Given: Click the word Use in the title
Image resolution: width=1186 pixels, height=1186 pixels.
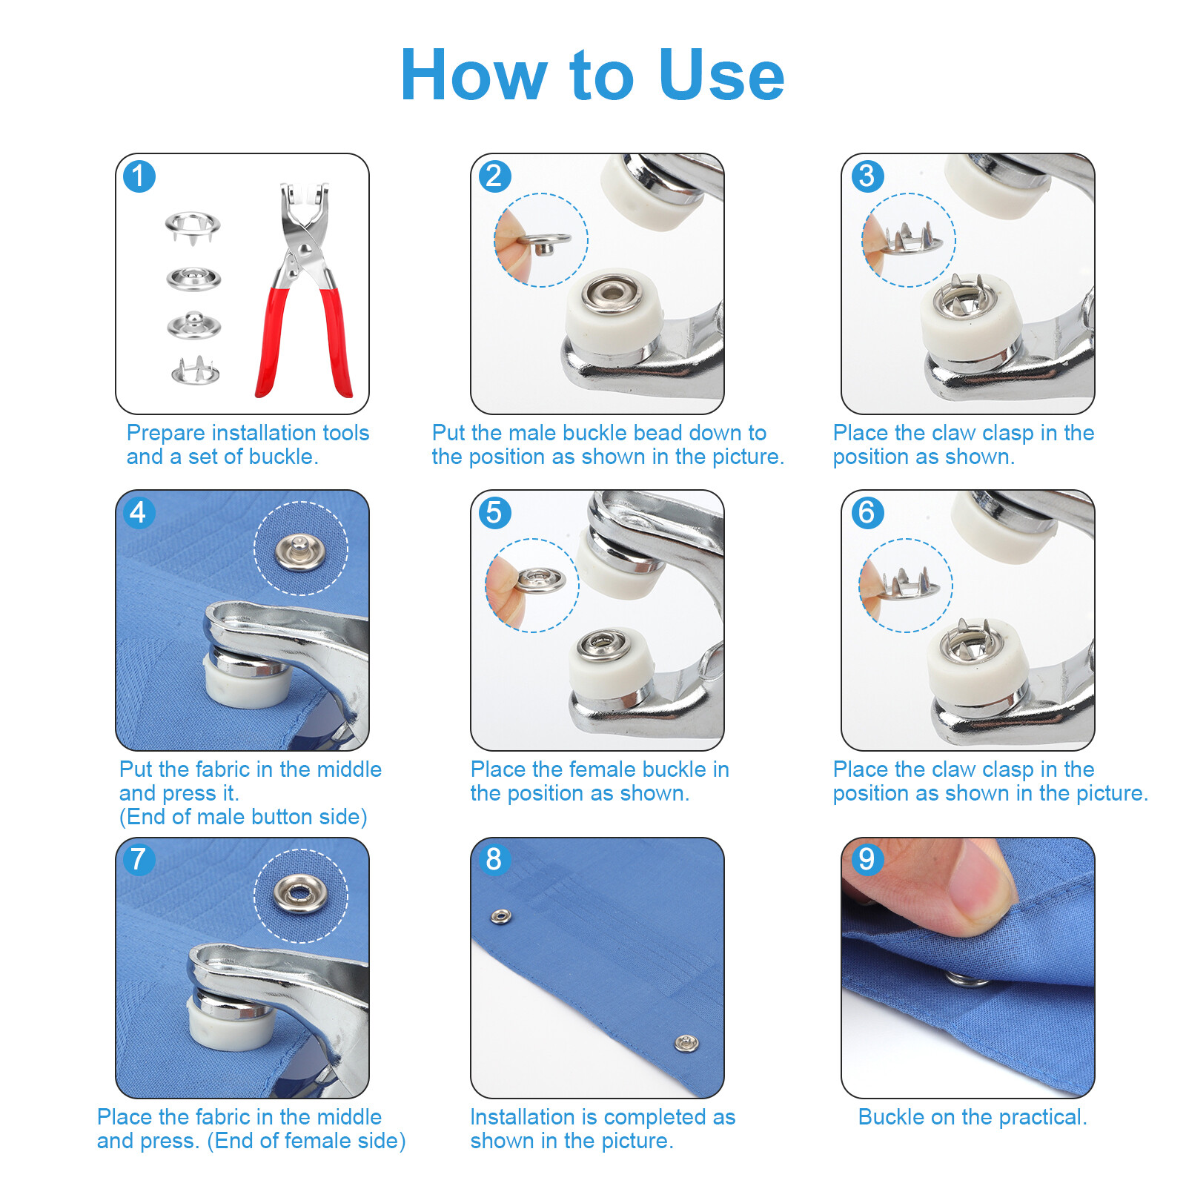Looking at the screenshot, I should (x=720, y=75).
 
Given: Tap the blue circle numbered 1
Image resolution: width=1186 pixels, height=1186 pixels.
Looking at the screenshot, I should (x=139, y=176).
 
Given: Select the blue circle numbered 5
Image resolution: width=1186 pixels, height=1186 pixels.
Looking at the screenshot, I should (x=494, y=512).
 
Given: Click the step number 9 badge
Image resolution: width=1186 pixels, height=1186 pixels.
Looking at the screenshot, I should (x=867, y=859).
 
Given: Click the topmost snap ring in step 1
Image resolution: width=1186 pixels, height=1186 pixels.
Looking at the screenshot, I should (x=192, y=224).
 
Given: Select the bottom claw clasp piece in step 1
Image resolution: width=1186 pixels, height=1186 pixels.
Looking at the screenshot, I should (x=195, y=371).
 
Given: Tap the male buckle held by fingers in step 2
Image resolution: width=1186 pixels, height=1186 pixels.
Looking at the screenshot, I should (x=544, y=240).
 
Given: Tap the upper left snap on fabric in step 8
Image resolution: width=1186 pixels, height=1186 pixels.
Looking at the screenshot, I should (x=501, y=918).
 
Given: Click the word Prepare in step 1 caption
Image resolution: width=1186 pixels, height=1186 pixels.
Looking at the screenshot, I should (x=165, y=433).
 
